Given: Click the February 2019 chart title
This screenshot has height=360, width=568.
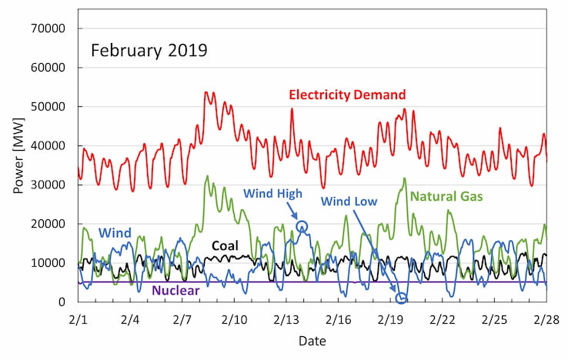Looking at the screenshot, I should [x=149, y=52].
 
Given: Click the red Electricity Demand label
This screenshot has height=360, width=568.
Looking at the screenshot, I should [x=347, y=95].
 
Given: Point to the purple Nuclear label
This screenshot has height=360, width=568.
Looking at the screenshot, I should [x=175, y=291].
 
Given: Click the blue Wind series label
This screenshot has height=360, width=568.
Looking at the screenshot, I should [x=115, y=232].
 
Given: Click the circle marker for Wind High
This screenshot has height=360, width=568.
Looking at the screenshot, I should [x=302, y=226].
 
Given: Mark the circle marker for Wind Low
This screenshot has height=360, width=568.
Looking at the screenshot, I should [x=401, y=298].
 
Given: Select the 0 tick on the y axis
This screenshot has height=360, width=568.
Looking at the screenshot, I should [x=61, y=302].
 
